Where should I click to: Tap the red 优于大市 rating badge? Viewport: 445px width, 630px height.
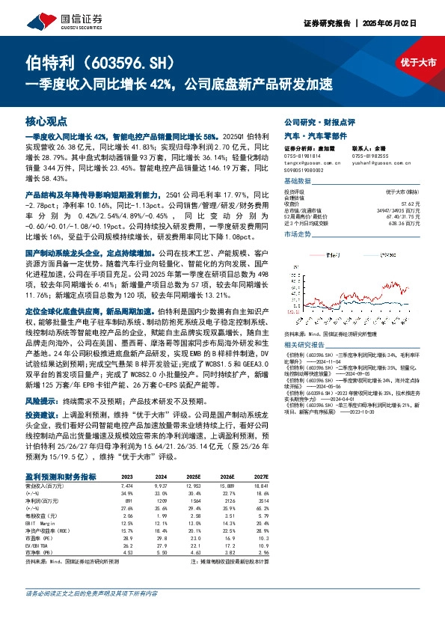pyautogui.click(x=417, y=63)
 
